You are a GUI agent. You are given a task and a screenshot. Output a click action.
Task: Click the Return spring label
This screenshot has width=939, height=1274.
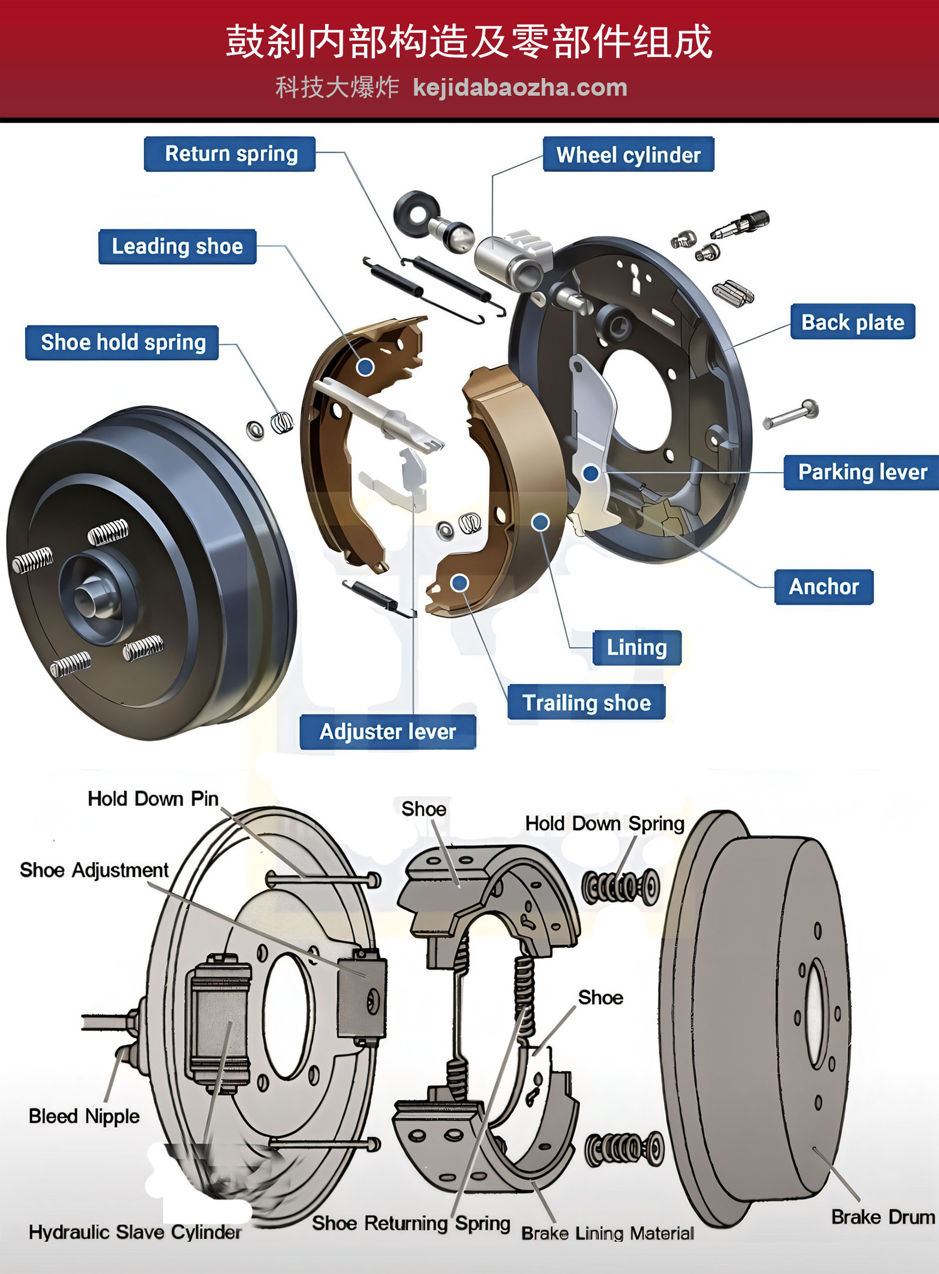230,154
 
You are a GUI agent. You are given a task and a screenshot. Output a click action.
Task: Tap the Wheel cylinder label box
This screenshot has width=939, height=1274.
628,155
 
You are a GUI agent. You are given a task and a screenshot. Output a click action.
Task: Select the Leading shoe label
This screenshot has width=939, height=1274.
177,247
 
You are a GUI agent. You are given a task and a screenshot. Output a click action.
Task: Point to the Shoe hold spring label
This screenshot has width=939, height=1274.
123,342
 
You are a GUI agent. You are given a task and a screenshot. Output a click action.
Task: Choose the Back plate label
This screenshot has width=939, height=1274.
852,322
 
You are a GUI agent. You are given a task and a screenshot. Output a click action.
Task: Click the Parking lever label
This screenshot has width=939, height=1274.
862,472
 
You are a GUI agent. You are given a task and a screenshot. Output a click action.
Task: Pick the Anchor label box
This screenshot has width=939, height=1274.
823,587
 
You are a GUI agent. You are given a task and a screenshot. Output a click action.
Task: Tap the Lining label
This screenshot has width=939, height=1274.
637,648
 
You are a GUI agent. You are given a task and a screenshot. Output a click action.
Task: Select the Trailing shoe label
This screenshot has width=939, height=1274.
586,702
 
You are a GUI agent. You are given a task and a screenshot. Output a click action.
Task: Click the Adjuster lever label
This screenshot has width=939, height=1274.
387,732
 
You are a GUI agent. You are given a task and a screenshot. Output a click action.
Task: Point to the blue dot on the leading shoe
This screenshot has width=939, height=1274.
366,368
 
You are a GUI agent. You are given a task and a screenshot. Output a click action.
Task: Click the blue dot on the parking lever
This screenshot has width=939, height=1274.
591,473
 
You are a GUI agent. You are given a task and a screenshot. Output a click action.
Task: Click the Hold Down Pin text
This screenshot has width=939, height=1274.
153,798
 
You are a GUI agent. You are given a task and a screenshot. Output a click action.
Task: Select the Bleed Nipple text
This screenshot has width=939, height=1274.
84,1115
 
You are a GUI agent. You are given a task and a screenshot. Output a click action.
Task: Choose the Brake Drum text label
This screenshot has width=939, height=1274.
883,1216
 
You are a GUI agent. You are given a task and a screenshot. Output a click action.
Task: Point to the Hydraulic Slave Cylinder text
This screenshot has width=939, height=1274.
135,1232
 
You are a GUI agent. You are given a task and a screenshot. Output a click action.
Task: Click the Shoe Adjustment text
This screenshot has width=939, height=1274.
94,869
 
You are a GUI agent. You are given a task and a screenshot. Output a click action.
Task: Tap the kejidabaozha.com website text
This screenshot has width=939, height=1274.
520,88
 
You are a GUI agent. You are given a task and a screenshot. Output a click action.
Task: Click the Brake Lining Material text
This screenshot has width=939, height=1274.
607,1233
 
